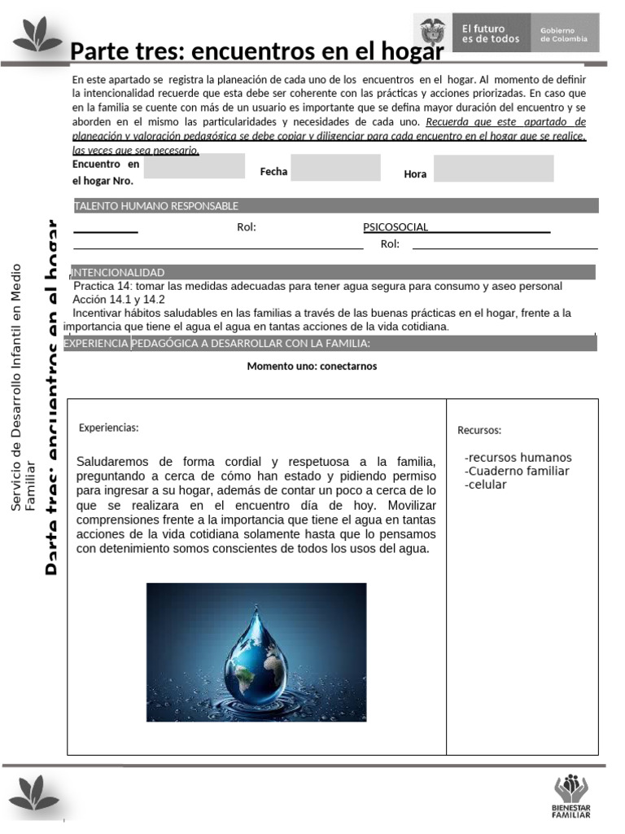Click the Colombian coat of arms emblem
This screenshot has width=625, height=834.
[434, 33]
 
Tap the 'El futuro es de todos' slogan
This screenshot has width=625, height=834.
[491, 33]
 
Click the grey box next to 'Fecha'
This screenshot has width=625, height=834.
[335, 168]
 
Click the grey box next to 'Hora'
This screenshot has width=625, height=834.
[493, 169]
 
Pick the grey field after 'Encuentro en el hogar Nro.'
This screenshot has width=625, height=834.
[194, 166]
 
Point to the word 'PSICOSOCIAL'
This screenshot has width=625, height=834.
[396, 227]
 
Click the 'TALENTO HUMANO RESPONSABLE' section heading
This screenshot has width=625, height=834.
[156, 206]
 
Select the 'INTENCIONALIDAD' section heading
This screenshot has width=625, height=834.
[118, 272]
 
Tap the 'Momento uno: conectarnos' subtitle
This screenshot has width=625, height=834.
[312, 367]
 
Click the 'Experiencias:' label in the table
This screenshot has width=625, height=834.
[109, 428]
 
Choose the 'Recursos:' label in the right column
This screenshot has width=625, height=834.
[479, 430]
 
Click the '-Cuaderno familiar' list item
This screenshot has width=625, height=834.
[517, 471]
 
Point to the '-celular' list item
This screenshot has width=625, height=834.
[486, 485]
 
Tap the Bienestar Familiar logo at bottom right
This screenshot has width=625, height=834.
[571, 796]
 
